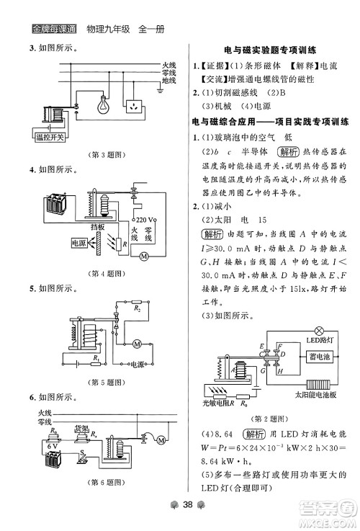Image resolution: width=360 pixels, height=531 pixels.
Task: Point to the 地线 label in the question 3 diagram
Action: click(168, 81)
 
